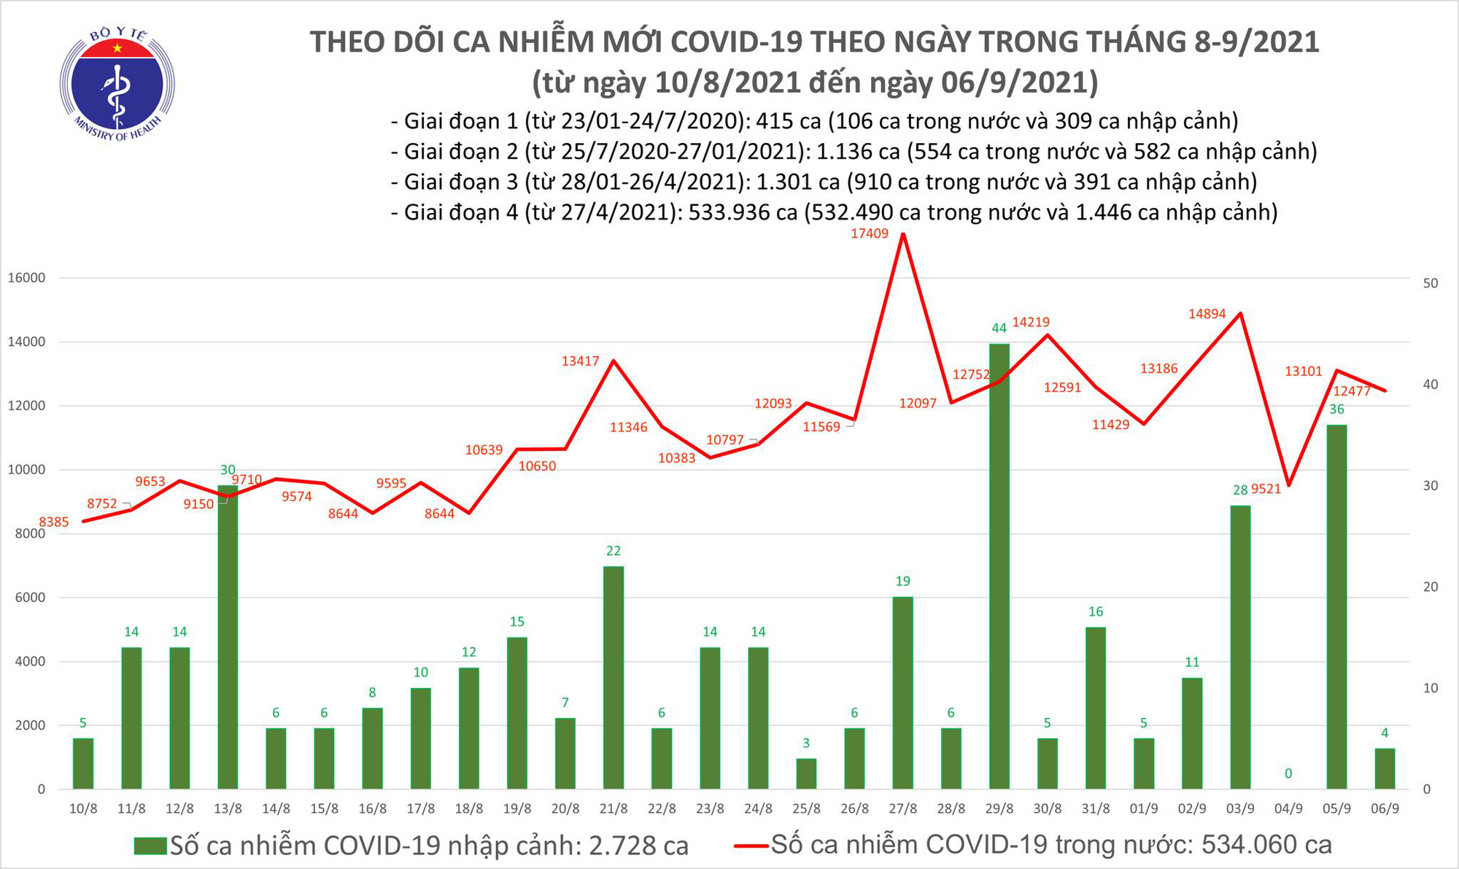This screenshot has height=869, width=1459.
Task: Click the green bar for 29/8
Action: point(999,565)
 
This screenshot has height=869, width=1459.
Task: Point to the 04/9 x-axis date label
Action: point(1288,808)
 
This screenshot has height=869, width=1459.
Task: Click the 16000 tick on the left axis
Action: point(26,278)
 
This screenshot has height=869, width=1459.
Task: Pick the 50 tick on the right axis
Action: point(1431,283)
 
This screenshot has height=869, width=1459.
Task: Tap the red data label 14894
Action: point(1207,314)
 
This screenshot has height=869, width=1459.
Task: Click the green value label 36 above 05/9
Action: point(1336,409)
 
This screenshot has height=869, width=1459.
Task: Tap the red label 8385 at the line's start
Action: point(53,522)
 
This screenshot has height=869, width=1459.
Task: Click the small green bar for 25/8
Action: point(806,773)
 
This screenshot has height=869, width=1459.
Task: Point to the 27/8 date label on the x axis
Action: point(902,808)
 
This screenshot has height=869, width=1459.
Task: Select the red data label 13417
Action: point(580,360)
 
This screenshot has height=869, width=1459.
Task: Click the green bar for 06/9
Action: point(1385,768)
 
